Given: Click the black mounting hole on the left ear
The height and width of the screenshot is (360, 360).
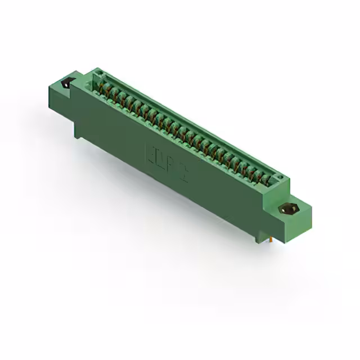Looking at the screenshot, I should coord(65,83).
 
